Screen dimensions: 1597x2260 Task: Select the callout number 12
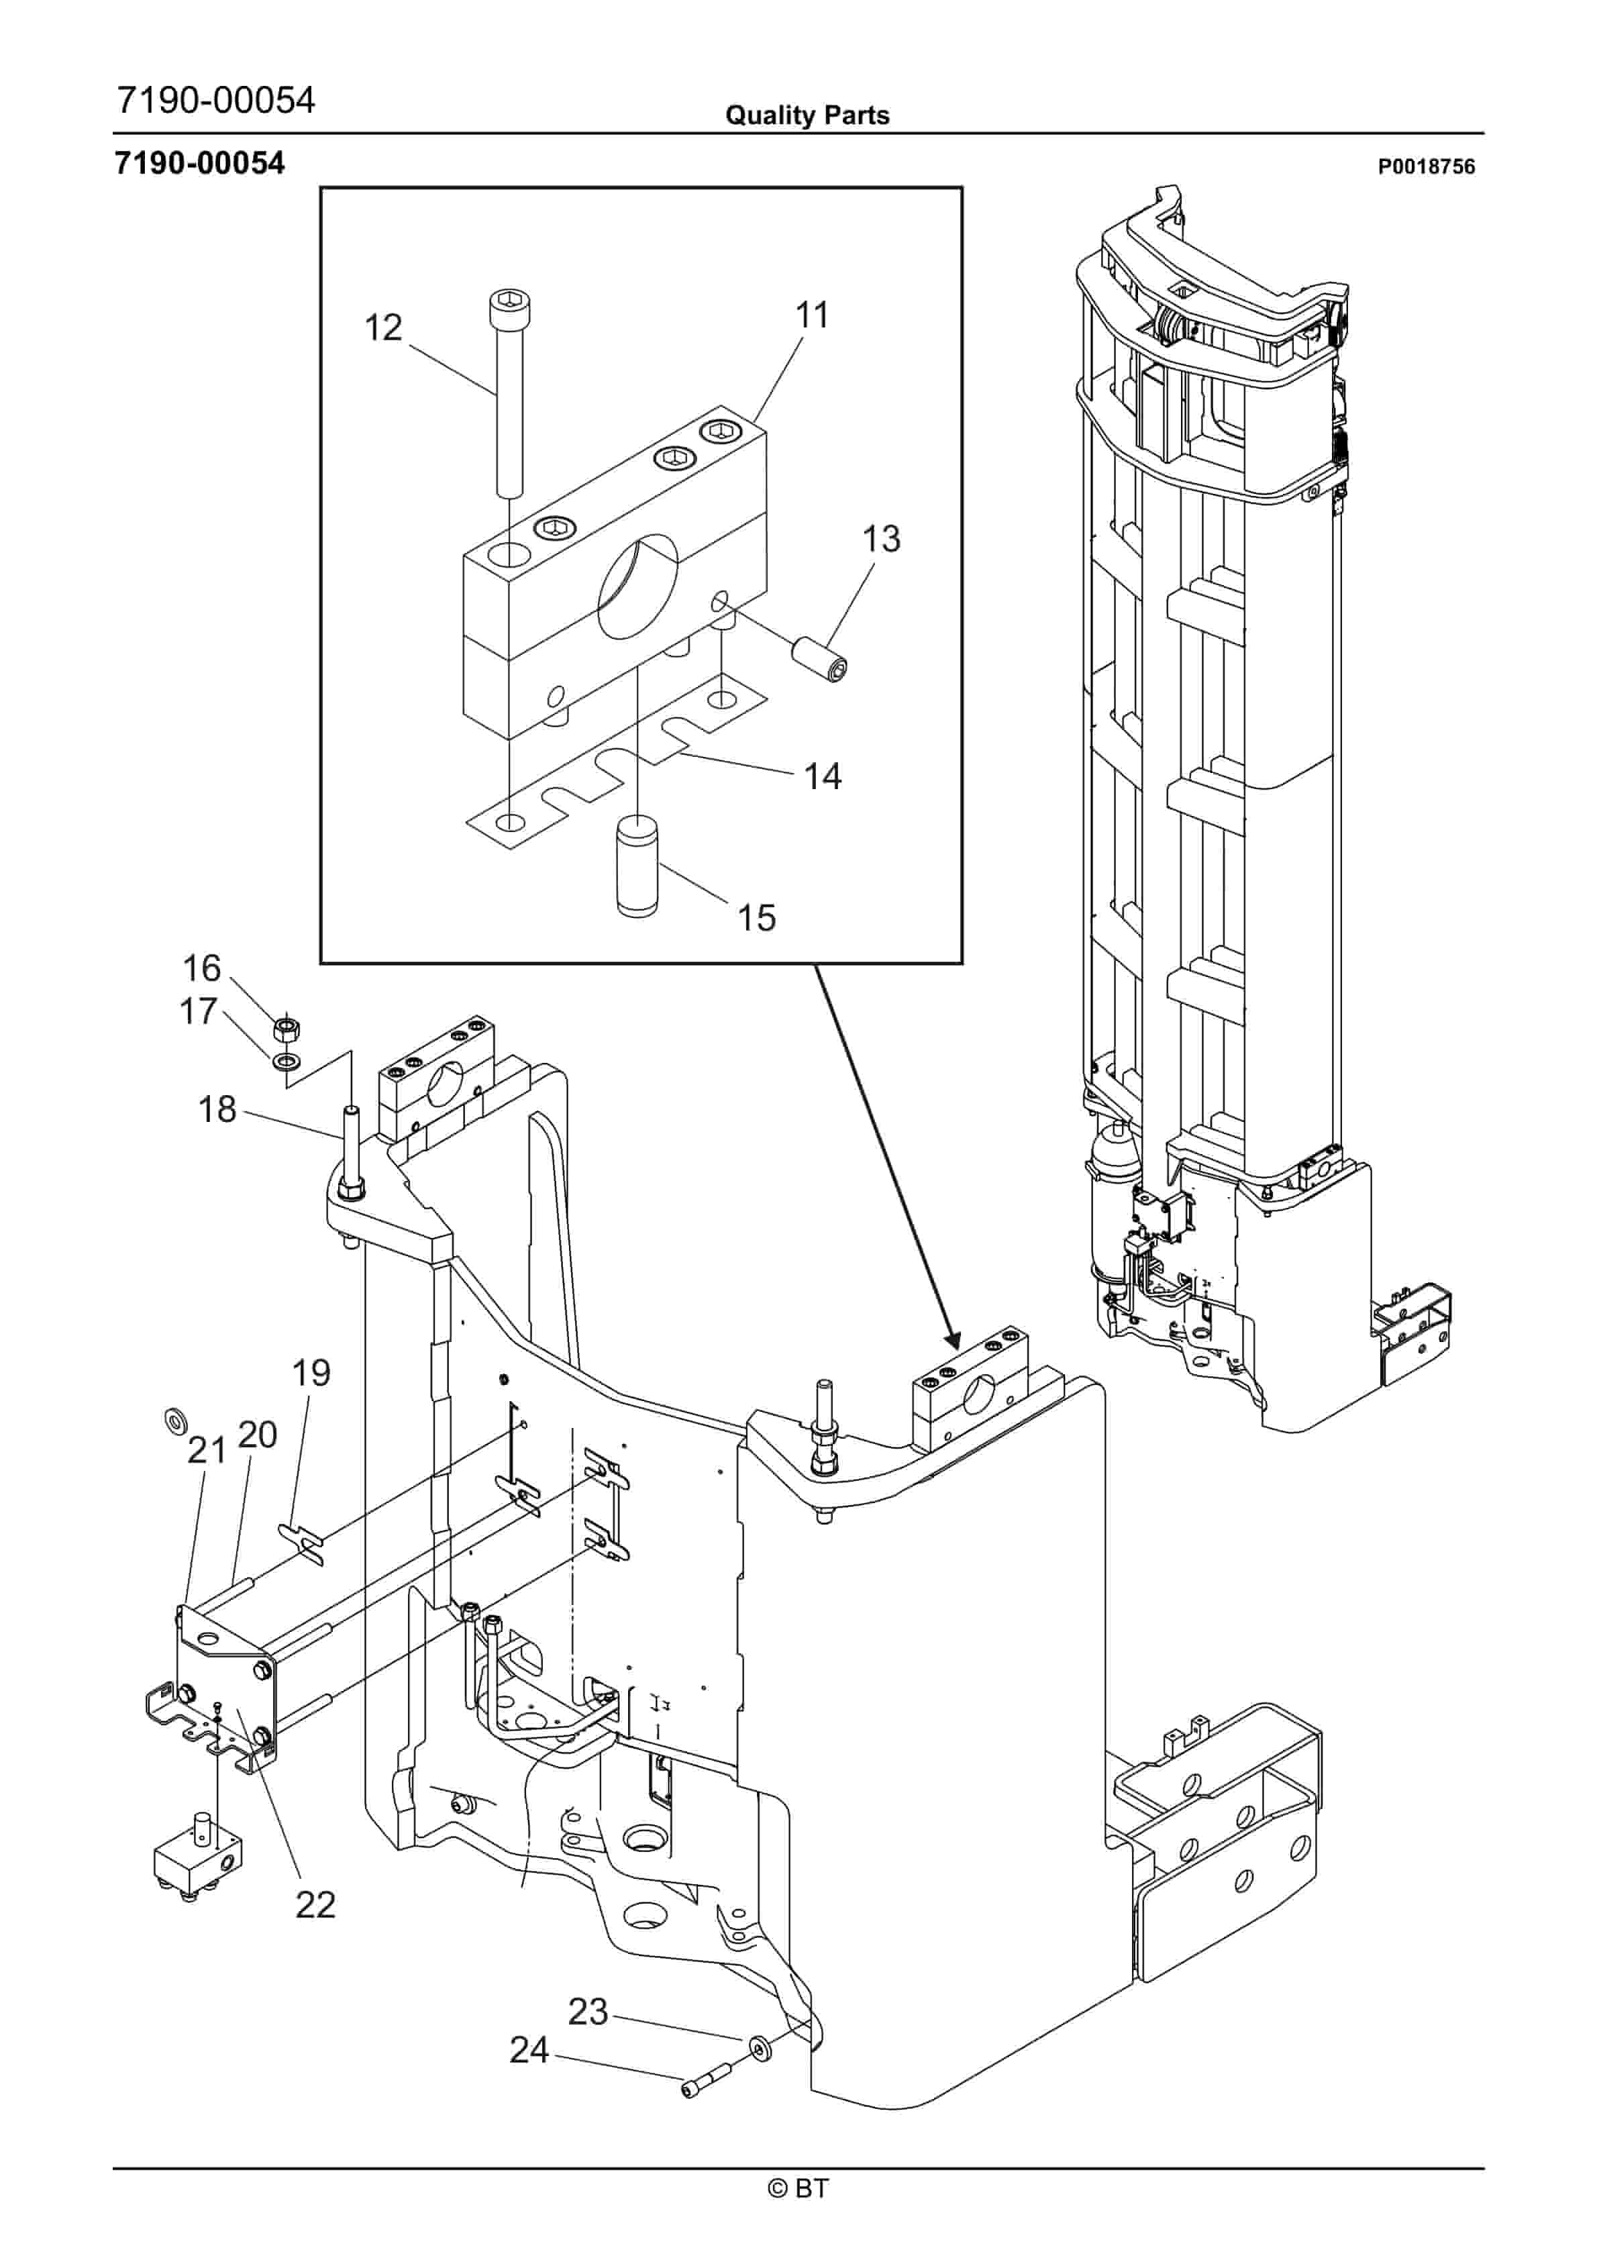pyautogui.click(x=383, y=327)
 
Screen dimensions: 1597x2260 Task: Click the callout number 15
pyautogui.click(x=757, y=919)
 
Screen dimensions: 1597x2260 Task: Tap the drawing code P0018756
pyautogui.click(x=1426, y=166)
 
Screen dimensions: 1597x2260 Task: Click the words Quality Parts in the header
pyautogui.click(x=807, y=115)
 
